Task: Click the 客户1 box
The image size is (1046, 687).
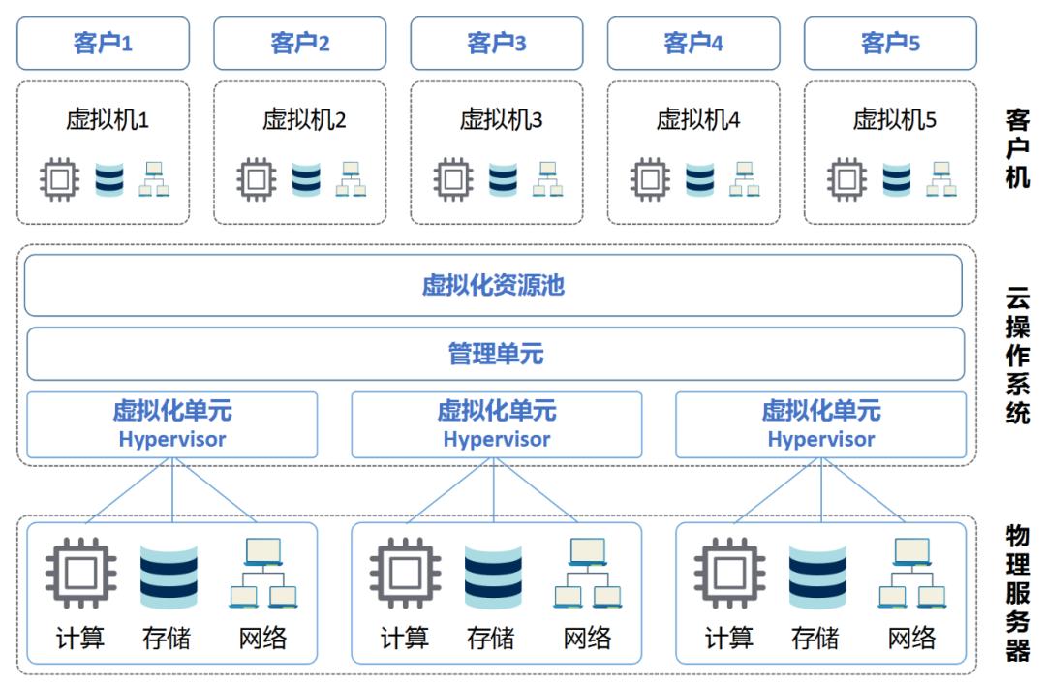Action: pos(103,43)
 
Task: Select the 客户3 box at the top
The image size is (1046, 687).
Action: pos(497,43)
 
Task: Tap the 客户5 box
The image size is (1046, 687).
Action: pos(890,43)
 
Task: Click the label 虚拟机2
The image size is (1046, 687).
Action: pos(304,120)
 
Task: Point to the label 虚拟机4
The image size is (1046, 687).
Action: pos(697,120)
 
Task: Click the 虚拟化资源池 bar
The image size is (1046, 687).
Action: pos(493,285)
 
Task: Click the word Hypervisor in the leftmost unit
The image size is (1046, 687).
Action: pos(172,439)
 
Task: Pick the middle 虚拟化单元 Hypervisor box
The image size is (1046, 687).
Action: pos(496,424)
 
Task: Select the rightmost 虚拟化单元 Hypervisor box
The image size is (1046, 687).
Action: pos(820,424)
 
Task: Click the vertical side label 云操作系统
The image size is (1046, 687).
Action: pos(1017,355)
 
